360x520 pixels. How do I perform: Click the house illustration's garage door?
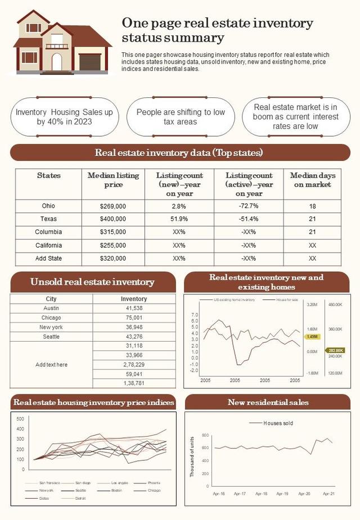pos(89,62)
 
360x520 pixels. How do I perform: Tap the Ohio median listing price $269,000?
pos(112,206)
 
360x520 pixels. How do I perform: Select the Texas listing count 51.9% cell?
pos(179,219)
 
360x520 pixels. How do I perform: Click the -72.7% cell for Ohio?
pos(249,206)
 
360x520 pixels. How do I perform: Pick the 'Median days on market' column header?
pos(312,180)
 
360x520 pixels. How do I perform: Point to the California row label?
pos(48,245)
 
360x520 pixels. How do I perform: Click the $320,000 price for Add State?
pos(112,258)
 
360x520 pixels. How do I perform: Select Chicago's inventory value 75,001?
pos(134,318)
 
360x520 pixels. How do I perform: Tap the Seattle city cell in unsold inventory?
pos(51,337)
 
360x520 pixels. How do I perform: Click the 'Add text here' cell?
pos(51,365)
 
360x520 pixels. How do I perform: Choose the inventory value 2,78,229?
pos(134,365)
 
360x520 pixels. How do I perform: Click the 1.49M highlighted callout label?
pos(312,337)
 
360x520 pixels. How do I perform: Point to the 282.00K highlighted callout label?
pos(336,349)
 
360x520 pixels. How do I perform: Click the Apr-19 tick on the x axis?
pos(282,494)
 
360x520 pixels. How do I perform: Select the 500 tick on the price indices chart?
pos(20,419)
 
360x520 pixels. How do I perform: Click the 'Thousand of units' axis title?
pos(192,457)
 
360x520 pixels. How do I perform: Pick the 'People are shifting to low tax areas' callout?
pos(181,117)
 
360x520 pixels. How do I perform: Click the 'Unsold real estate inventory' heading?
pos(92,282)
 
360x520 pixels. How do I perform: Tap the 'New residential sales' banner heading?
pos(268,402)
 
